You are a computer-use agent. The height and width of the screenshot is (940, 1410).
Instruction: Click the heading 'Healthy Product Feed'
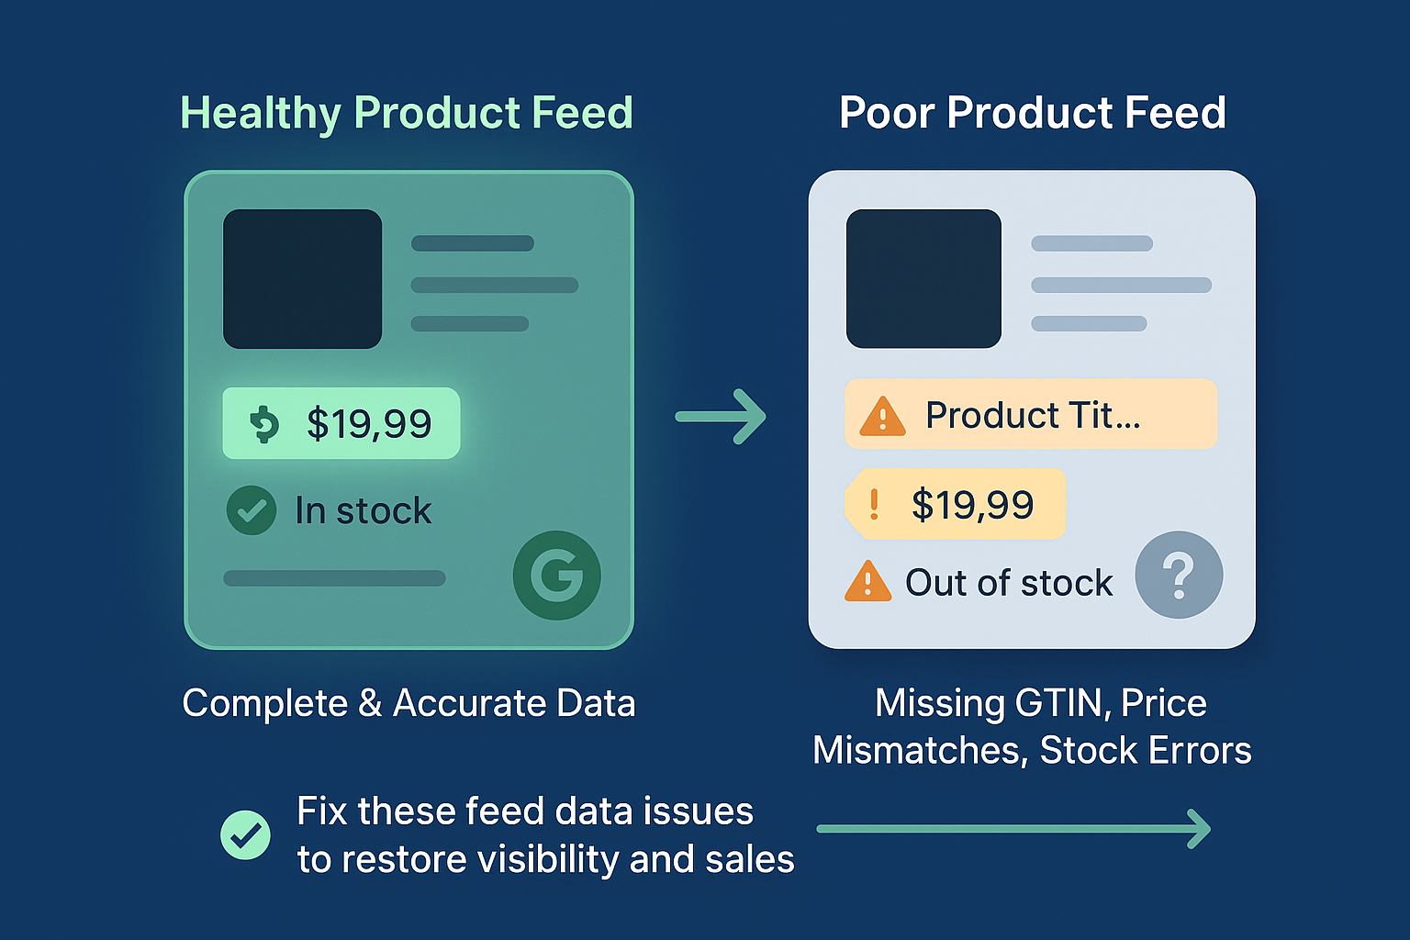[407, 113]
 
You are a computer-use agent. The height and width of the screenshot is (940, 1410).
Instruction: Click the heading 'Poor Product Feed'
[1033, 113]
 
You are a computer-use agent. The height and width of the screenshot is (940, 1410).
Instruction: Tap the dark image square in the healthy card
[303, 279]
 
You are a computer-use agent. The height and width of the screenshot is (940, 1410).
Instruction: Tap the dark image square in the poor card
[923, 279]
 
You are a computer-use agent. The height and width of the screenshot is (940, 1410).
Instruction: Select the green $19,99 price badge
[341, 423]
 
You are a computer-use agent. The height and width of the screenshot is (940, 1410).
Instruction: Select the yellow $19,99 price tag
[955, 504]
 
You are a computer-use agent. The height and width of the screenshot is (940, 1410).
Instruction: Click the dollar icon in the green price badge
[264, 424]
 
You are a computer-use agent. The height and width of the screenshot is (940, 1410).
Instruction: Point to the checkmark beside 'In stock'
[252, 510]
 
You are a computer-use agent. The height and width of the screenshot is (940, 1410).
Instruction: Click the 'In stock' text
[364, 510]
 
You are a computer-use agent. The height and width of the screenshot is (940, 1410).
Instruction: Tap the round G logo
[557, 576]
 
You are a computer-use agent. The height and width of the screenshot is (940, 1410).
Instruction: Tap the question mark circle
[1179, 575]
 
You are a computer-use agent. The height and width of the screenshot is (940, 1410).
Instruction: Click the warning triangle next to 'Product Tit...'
[882, 416]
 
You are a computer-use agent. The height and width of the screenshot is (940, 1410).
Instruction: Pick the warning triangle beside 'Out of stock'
[868, 581]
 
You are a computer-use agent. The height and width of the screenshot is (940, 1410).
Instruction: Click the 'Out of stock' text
[1009, 582]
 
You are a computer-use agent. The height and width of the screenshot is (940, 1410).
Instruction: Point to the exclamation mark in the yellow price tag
[874, 504]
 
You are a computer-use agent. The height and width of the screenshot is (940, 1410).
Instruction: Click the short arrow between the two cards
[721, 417]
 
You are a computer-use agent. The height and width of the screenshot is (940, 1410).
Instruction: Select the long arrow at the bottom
[1013, 829]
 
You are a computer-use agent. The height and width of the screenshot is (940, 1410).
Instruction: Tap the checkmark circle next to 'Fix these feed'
[245, 834]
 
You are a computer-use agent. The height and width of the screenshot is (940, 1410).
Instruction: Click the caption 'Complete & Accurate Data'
[409, 702]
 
